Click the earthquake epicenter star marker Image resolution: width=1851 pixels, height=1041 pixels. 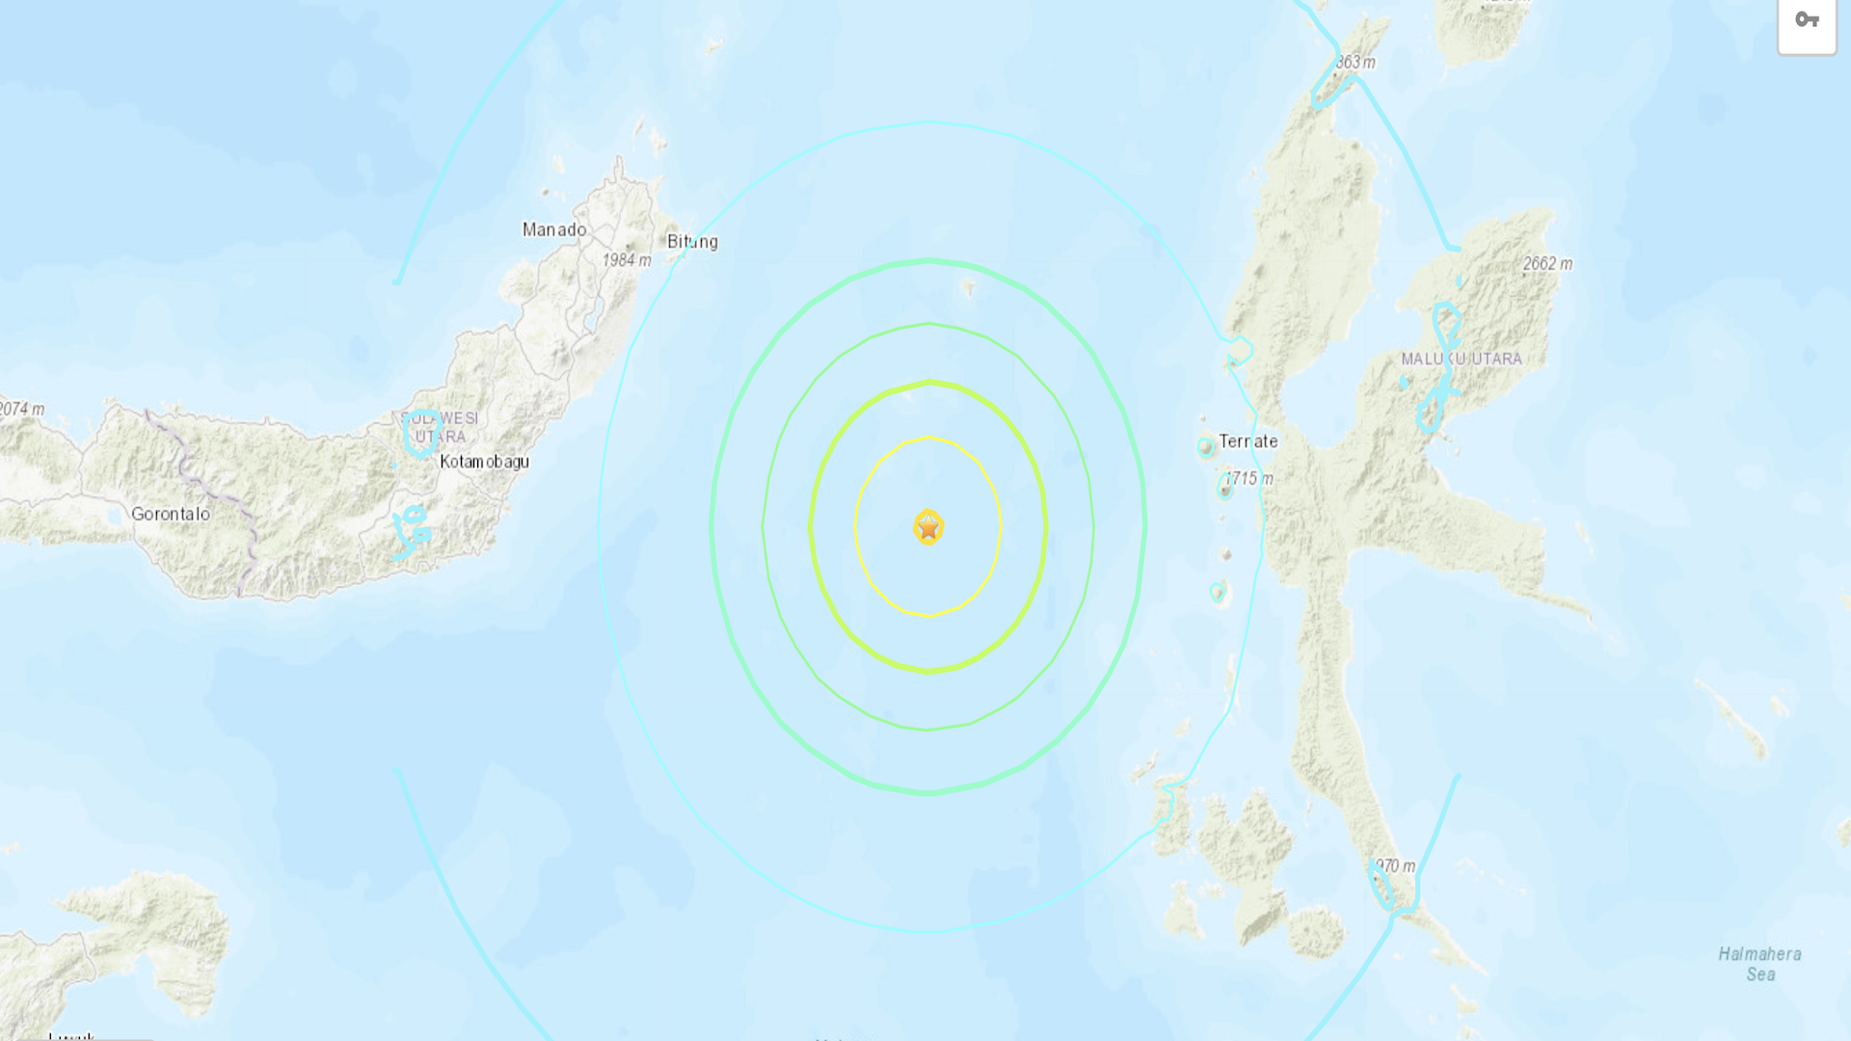click(928, 527)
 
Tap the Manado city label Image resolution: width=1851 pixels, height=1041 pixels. click(554, 229)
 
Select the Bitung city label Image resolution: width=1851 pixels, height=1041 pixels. click(692, 242)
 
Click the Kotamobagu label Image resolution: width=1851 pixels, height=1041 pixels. click(484, 462)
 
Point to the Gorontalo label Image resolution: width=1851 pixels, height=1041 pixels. click(171, 514)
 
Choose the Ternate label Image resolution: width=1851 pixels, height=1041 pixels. click(1247, 441)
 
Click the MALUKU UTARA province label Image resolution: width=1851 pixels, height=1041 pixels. click(1462, 359)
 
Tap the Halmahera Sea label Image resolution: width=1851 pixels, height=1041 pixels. click(1759, 964)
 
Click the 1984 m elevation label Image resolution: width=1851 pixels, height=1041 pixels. click(627, 260)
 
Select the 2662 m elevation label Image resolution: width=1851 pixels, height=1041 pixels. click(1547, 264)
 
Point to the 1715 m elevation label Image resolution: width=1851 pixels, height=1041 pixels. click(1248, 479)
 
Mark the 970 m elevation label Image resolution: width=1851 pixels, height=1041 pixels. click(1395, 867)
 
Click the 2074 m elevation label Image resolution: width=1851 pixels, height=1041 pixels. click(22, 409)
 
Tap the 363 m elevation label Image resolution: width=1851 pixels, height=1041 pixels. click(1355, 63)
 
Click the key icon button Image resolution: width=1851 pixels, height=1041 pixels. click(1807, 21)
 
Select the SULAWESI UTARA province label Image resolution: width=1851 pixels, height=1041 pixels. click(441, 427)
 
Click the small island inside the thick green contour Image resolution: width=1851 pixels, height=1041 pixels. click(969, 286)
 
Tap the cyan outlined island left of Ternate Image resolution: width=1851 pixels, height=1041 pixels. click(1205, 446)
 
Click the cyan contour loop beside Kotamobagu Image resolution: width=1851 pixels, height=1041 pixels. click(421, 432)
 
